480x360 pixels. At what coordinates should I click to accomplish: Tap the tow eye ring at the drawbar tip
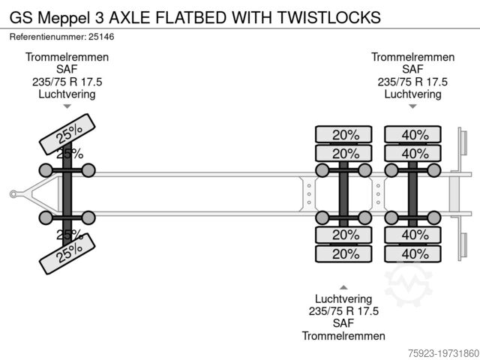pyautogui.click(x=13, y=194)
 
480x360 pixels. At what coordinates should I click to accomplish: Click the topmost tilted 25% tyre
pyautogui.click(x=67, y=133)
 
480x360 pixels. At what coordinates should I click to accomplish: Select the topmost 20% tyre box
pyautogui.click(x=346, y=135)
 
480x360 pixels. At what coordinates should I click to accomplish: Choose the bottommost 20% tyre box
pyautogui.click(x=346, y=253)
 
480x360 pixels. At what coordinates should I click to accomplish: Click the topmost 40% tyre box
pyautogui.click(x=415, y=135)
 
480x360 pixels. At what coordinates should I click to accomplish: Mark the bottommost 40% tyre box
pyautogui.click(x=415, y=253)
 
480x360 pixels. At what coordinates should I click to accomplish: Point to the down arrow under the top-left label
pyautogui.click(x=67, y=106)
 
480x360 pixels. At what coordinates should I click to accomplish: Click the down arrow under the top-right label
pyautogui.click(x=412, y=106)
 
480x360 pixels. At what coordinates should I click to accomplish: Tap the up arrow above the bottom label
pyautogui.click(x=344, y=286)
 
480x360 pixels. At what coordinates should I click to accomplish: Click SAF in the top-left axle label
pyautogui.click(x=67, y=70)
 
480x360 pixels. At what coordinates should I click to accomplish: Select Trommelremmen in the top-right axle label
pyautogui.click(x=412, y=58)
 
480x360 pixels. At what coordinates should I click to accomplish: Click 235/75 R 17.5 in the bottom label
pyautogui.click(x=344, y=311)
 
